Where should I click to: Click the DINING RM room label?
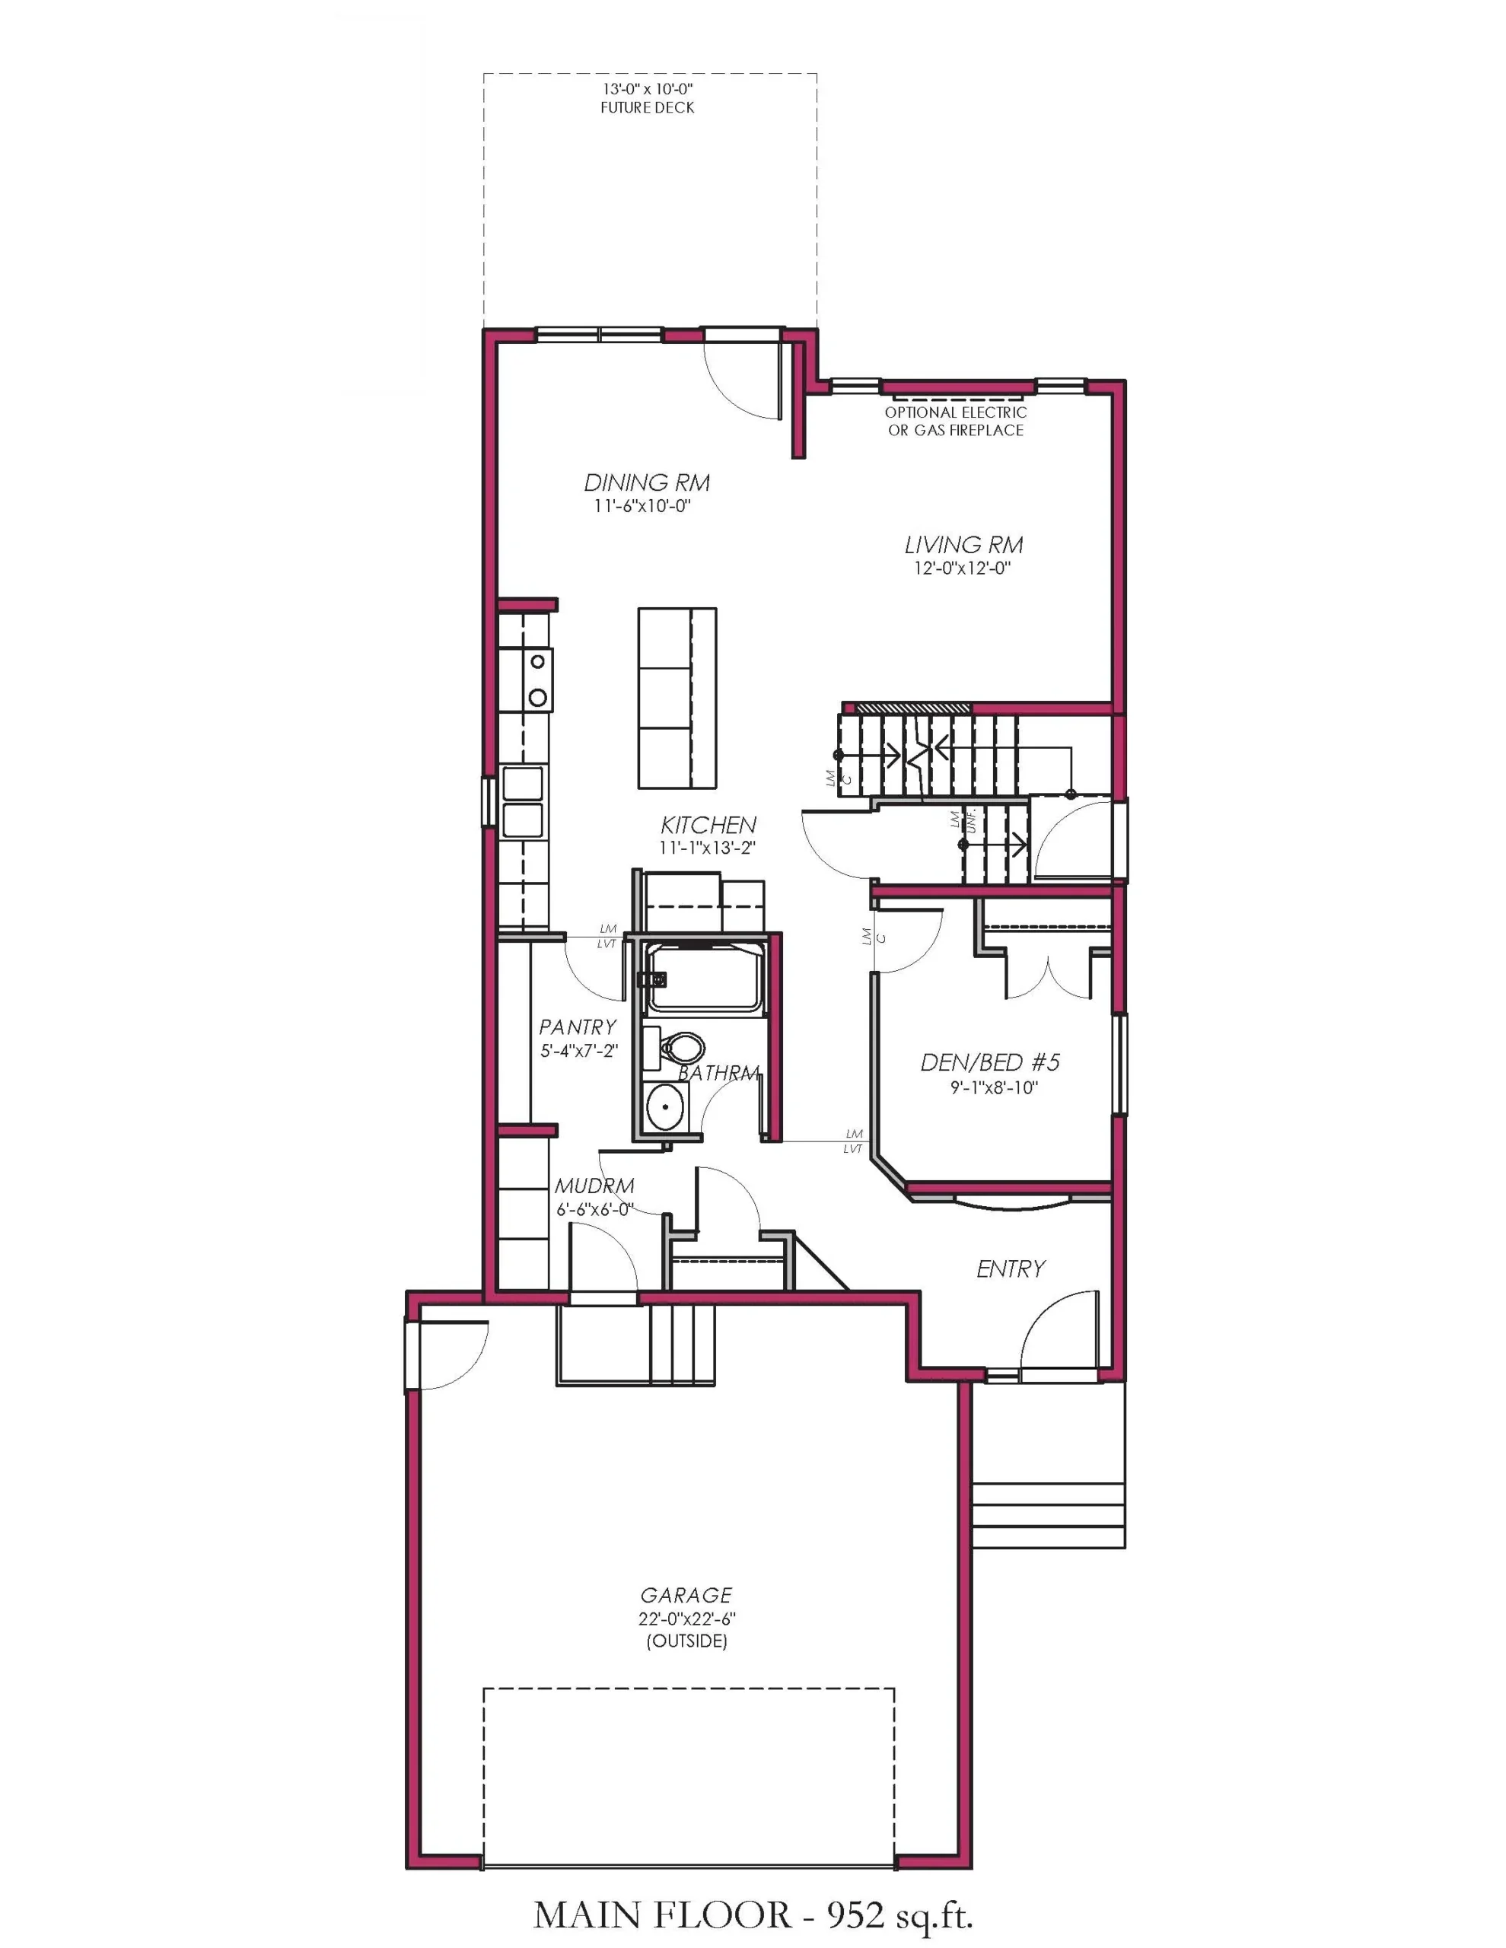647,482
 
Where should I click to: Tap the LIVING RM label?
963,545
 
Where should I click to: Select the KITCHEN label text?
708,825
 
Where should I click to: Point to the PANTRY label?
578,1027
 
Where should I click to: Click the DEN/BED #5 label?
990,1062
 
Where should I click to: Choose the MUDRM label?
595,1186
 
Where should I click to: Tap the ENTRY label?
1010,1269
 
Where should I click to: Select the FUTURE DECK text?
648,108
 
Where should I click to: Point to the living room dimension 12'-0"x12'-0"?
963,568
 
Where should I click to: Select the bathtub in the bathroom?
705,979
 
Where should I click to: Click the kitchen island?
677,699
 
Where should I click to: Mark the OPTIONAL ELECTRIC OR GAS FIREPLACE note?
956,421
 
